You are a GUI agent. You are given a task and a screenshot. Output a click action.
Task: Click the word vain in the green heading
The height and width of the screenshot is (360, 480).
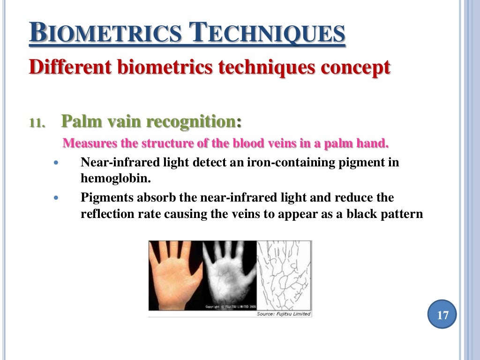tap(124, 122)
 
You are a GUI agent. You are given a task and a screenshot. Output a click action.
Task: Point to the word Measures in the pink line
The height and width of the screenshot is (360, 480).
tap(85, 143)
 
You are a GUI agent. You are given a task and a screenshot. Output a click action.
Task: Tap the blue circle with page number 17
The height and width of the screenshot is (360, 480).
tap(442, 315)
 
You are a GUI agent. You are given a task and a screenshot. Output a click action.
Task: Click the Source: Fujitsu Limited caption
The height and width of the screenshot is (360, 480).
tap(283, 314)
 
